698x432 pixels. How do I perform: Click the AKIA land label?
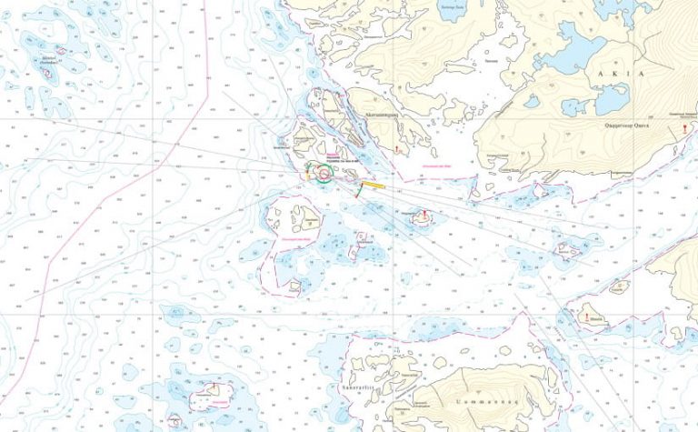click(x=628, y=73)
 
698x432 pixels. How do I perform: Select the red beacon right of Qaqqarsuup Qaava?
click(x=680, y=131)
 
